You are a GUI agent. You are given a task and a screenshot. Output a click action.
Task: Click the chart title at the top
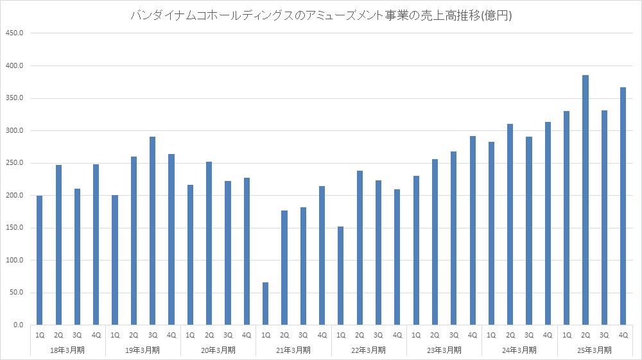click(x=320, y=16)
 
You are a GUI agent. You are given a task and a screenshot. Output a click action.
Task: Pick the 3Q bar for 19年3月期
click(x=153, y=231)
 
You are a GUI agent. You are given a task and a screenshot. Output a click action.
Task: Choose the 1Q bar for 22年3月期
click(x=341, y=276)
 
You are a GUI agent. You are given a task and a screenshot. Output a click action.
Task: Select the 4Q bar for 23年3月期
click(x=473, y=230)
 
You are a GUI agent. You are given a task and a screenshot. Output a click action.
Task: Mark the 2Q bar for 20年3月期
click(x=209, y=243)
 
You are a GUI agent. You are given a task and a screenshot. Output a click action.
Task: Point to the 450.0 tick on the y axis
click(x=13, y=33)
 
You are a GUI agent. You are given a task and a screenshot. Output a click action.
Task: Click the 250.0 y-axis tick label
click(x=13, y=163)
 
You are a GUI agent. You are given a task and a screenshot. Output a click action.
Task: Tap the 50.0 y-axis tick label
click(x=15, y=293)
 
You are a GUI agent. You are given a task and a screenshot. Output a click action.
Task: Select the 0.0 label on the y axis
click(x=17, y=325)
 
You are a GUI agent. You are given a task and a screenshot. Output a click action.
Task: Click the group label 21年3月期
click(x=294, y=350)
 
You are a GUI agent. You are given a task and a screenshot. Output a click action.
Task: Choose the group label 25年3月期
click(x=595, y=350)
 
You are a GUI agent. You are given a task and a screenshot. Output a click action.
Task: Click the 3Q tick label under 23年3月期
click(x=454, y=335)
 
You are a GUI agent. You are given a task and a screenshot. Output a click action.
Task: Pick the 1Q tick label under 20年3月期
click(x=191, y=335)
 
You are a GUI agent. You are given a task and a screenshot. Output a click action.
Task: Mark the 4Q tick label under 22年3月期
click(x=397, y=335)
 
